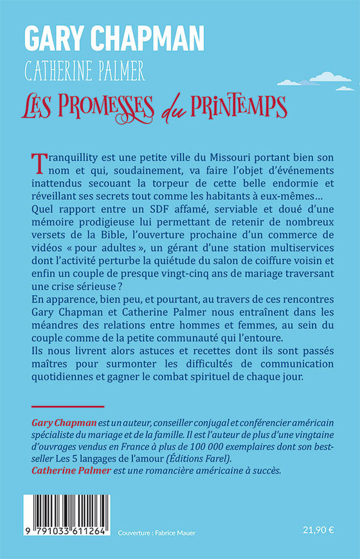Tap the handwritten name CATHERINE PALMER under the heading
85,71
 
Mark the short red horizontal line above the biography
67,406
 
